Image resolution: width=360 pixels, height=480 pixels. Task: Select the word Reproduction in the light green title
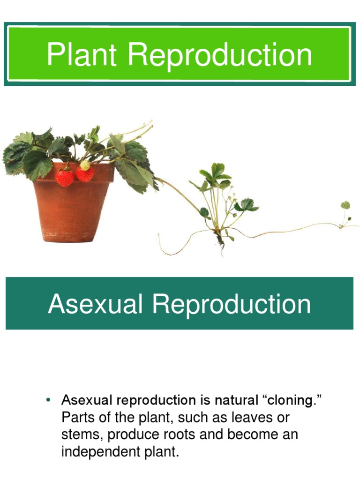(x=220, y=55)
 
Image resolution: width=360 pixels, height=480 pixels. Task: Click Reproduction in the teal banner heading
(x=232, y=304)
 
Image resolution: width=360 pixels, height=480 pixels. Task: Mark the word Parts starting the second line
(x=77, y=418)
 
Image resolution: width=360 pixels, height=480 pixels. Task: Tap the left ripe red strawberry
(x=64, y=177)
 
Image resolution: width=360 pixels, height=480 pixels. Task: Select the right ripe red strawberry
(x=85, y=174)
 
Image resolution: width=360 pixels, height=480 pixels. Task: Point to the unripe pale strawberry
(x=85, y=165)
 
